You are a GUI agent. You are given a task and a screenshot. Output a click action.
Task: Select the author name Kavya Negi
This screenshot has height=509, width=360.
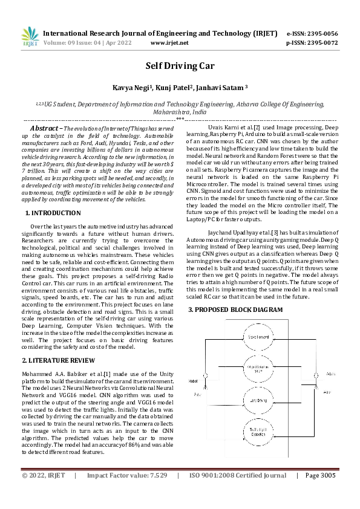tap(133, 88)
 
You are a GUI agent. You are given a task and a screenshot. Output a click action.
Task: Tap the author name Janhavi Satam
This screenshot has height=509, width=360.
tap(221, 88)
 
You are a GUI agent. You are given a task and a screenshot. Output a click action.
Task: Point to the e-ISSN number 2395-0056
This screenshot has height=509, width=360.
tap(321, 33)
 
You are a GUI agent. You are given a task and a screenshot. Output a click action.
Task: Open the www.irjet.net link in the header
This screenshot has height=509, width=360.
tap(169, 43)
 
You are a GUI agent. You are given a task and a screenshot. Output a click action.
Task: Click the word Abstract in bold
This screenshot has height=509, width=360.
tap(45, 129)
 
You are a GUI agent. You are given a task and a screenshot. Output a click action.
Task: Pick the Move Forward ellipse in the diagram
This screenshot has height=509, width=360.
tap(258, 336)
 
